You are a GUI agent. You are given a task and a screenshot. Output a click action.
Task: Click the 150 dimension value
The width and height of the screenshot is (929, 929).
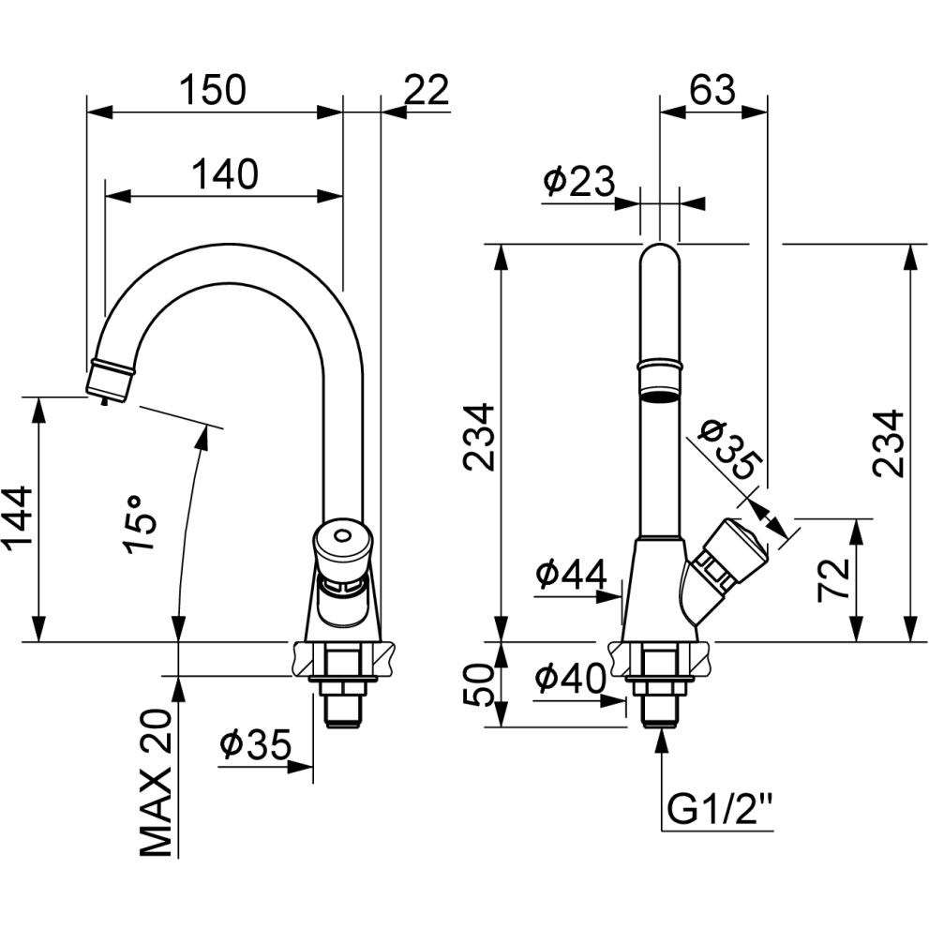213,90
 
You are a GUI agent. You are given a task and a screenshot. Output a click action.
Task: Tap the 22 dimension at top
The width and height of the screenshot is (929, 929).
427,90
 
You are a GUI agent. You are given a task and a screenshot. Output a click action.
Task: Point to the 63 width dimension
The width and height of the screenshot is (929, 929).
712,90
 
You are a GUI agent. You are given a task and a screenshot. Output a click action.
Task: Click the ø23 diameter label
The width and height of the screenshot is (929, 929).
578,181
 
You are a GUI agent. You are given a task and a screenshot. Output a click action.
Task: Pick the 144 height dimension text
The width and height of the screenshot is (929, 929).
20,518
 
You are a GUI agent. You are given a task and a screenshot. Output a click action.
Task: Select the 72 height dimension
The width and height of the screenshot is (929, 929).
834,579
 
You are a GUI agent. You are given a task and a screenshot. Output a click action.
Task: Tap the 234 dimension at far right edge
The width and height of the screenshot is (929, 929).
888,442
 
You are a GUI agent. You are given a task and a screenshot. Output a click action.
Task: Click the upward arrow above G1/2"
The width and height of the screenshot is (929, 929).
663,740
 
